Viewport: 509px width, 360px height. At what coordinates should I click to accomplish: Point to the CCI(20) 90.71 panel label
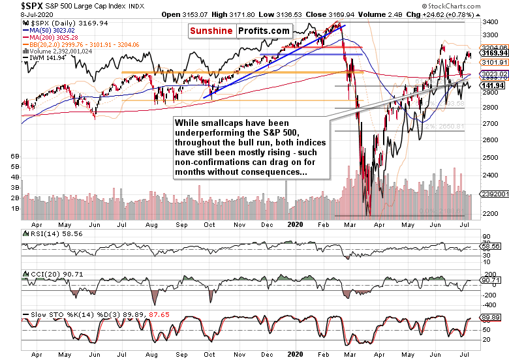tap(48, 274)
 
